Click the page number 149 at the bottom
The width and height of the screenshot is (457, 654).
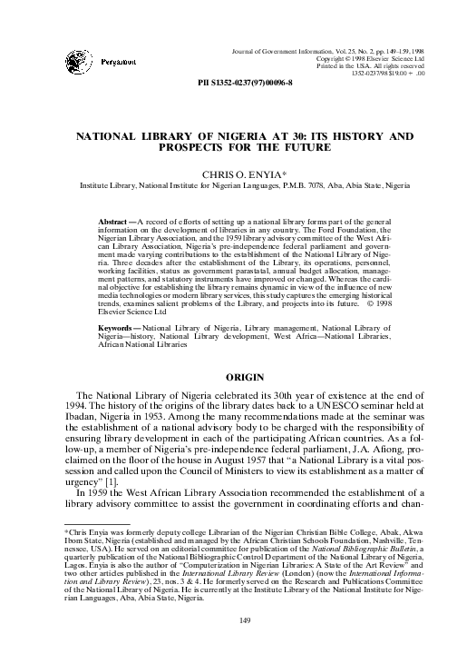[x=228, y=619]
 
